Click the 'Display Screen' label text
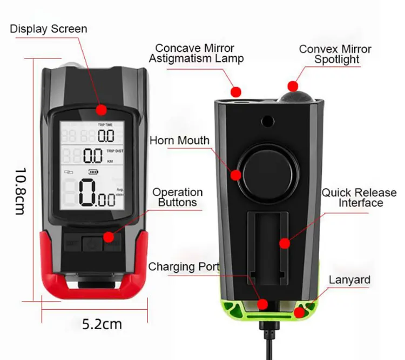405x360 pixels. pos(49,29)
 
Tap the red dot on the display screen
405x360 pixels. pos(101,110)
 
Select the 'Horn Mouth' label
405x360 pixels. pos(179,141)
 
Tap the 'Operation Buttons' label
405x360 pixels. pos(178,197)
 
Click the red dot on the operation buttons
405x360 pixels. pos(109,236)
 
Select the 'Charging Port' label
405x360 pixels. pos(184,266)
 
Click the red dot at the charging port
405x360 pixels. pos(262,304)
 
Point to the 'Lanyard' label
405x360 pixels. pos(350,279)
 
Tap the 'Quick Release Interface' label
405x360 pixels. pos(360,198)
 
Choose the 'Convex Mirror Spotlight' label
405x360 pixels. pos(335,54)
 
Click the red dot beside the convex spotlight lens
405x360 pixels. pos(293,86)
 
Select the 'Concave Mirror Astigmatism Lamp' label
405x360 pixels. pos(197,53)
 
